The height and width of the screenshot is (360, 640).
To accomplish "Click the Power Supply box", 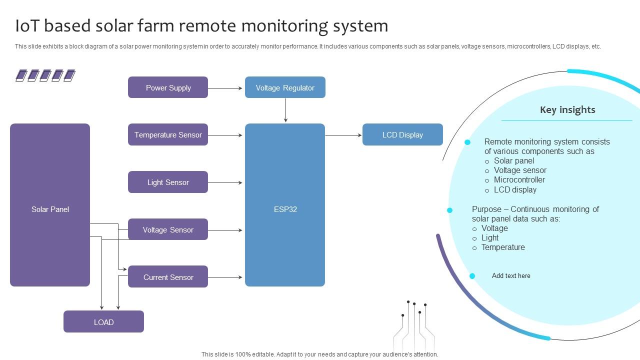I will point(168,87).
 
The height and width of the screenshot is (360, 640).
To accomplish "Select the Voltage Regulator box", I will point(285,87).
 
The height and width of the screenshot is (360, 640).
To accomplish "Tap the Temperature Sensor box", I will point(168,135).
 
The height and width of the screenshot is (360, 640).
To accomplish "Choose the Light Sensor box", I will point(168,182).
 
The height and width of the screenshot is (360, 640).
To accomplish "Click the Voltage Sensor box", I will point(168,230).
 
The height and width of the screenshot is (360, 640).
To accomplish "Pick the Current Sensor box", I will point(168,277).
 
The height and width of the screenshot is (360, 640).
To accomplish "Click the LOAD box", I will point(103,322).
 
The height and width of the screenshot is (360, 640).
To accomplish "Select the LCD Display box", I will point(402,135).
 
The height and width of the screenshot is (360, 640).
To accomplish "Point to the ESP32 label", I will point(285,209).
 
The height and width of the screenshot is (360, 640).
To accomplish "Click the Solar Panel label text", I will point(50,209).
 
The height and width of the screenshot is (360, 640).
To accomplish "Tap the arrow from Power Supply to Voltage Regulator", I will point(226,88).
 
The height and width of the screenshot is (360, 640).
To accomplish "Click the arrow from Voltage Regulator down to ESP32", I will point(285,110).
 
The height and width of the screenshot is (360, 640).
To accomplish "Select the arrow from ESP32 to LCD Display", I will point(343,135).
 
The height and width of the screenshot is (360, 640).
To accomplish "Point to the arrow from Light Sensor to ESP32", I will point(226,183).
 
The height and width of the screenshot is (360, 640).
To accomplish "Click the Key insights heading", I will point(567,110).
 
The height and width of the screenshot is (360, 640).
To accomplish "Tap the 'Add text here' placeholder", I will point(511,276).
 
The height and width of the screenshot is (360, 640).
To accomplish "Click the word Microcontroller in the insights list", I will point(519,180).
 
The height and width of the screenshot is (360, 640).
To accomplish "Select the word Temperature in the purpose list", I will point(503,247).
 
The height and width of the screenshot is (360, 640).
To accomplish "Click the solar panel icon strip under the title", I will point(45,75).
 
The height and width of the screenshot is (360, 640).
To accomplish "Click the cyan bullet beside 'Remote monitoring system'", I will point(467,142).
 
